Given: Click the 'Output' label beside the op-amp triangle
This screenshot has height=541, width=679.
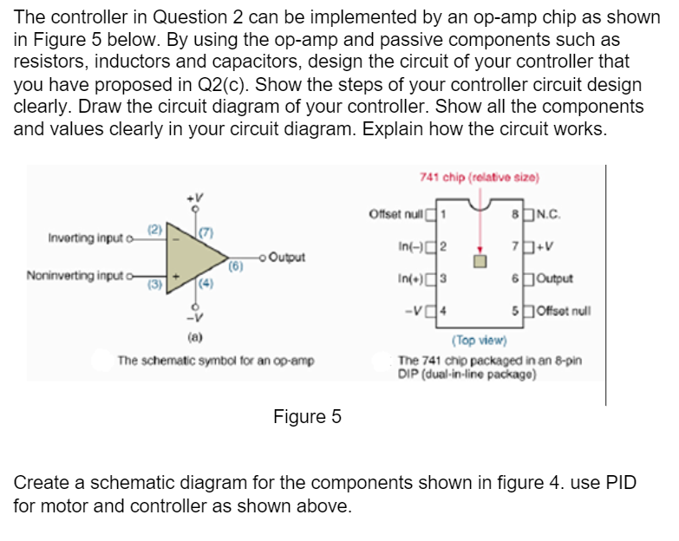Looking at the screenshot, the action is (291, 257).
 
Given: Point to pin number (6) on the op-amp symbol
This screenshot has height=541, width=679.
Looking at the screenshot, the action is (232, 268).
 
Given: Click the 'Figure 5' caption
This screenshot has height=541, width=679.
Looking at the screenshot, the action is (307, 417).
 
